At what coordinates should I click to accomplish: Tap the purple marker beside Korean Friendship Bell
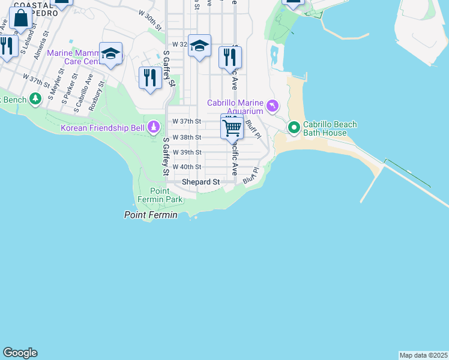click(x=154, y=127)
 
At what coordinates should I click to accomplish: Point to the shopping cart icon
click(x=232, y=127)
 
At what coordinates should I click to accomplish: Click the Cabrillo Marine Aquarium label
click(x=235, y=107)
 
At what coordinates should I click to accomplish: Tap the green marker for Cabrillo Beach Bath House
click(x=294, y=127)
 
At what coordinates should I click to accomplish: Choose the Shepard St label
click(x=201, y=181)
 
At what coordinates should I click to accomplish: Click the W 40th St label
click(x=187, y=167)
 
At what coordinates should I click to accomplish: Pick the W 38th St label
click(x=187, y=137)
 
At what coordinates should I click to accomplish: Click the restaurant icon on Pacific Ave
click(x=230, y=57)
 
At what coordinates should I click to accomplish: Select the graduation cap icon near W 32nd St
click(x=199, y=46)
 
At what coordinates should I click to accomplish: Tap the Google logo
click(x=20, y=353)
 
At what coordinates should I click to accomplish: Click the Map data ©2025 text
click(x=423, y=355)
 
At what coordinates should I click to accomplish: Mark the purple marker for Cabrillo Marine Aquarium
click(x=273, y=106)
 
